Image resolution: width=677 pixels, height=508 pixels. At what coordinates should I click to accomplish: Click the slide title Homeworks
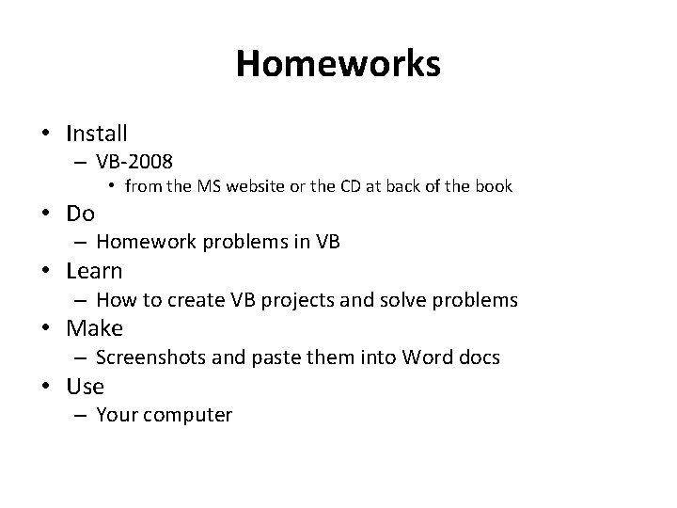coord(338,64)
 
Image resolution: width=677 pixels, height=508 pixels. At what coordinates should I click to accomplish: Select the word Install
coord(97,134)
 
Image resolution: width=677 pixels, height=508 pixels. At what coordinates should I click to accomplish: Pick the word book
coord(493,186)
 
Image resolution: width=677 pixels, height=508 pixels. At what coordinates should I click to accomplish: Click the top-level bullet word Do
coord(81,214)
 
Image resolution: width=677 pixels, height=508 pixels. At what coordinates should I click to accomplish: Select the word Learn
coord(94,272)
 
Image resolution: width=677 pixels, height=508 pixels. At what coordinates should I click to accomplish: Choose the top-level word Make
coord(94,329)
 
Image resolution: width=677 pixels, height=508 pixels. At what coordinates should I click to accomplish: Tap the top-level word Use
coord(85,387)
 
